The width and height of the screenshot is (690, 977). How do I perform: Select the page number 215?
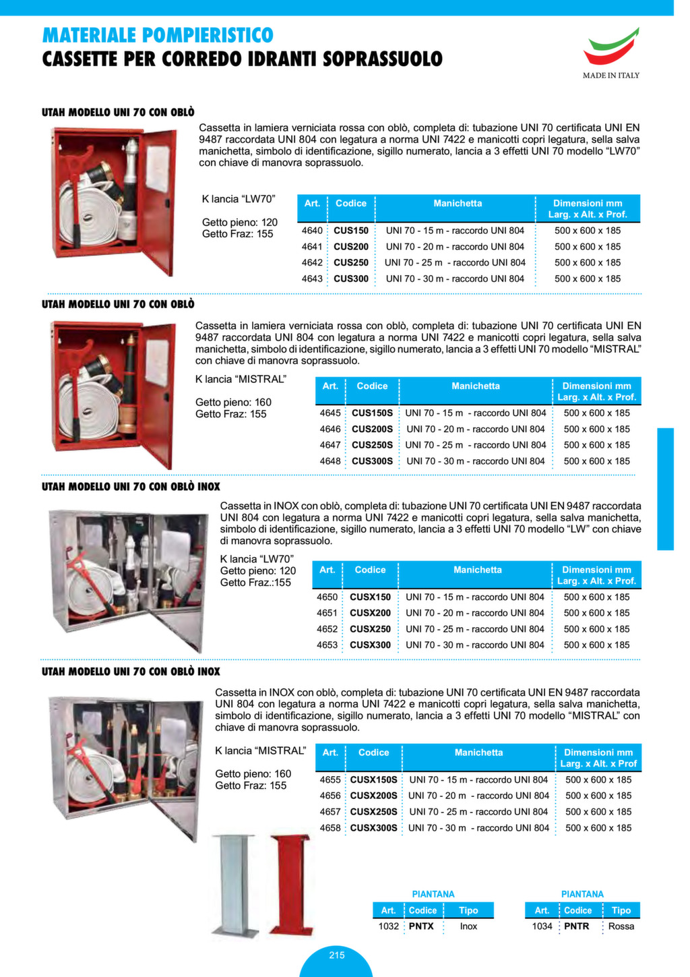coord(336,955)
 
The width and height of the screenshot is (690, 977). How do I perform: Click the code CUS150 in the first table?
coord(351,231)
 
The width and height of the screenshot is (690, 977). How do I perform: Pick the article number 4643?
coord(312,278)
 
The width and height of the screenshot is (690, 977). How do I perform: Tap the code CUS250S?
coord(372,445)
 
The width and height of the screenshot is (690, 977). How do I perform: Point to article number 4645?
coord(330,413)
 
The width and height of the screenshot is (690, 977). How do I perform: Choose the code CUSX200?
coord(370,613)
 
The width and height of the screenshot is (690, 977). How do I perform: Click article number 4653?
coord(327,645)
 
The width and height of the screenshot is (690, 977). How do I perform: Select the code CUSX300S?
coord(374,827)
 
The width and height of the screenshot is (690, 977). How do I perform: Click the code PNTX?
coord(421,926)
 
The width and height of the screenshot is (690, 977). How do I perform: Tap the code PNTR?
coord(576,926)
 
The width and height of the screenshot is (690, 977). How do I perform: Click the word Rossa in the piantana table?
coord(621,926)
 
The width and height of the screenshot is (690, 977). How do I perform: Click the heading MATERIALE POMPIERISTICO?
coord(158,34)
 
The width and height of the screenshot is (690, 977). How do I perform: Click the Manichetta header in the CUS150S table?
coord(476,386)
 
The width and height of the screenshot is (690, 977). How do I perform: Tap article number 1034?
coord(542,926)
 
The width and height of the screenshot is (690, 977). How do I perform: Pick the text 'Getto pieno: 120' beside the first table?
coord(240,222)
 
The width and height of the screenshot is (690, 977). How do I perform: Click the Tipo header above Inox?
coord(468,910)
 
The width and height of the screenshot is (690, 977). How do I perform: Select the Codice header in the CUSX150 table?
coord(371,570)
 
